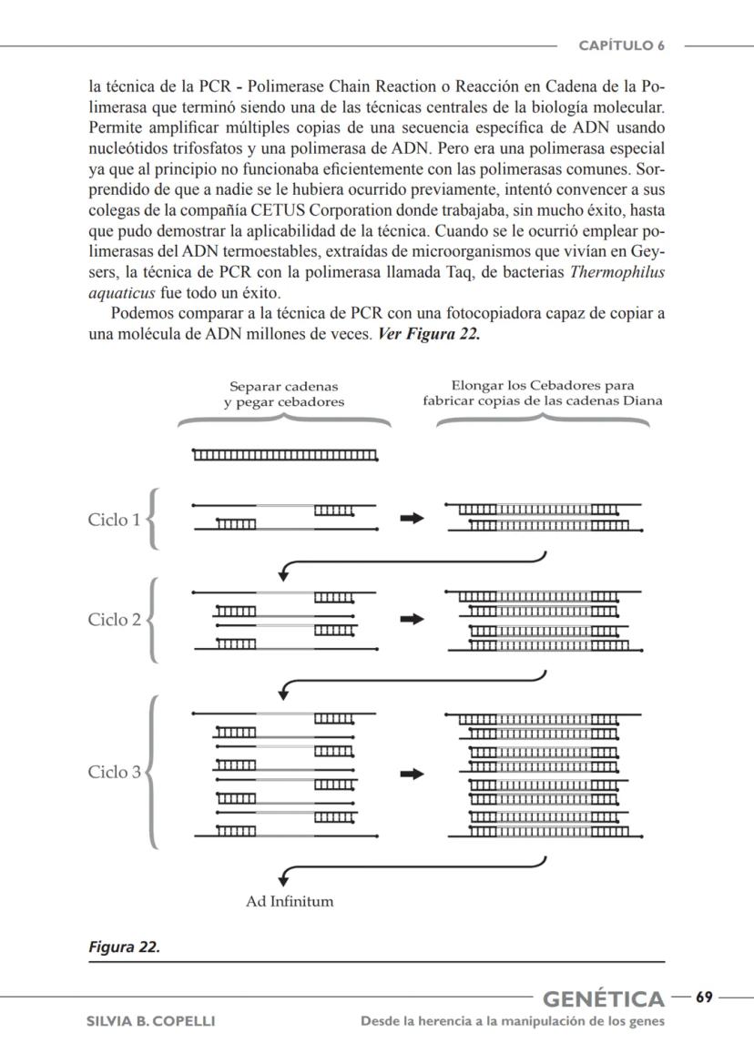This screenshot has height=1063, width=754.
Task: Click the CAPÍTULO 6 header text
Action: [623, 45]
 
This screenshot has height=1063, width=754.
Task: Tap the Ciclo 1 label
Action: [114, 521]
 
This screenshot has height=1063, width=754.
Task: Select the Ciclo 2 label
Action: [114, 620]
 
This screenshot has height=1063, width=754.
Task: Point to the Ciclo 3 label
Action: [114, 773]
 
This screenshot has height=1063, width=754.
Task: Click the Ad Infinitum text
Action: [290, 902]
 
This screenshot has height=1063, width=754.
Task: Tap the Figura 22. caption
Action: [124, 947]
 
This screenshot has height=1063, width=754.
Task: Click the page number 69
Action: [704, 997]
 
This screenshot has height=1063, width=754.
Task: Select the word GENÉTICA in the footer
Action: [604, 999]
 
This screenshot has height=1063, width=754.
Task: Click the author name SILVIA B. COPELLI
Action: [150, 1021]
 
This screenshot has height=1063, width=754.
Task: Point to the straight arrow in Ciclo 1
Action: [413, 518]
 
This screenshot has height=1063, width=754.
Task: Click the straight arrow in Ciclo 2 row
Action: [413, 619]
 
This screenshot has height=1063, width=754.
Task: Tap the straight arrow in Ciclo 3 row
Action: [413, 774]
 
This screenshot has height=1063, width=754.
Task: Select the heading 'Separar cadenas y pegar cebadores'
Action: [284, 394]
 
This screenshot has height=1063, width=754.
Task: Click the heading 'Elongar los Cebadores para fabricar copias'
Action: [543, 392]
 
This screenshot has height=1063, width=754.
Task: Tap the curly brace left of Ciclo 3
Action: [152, 773]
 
